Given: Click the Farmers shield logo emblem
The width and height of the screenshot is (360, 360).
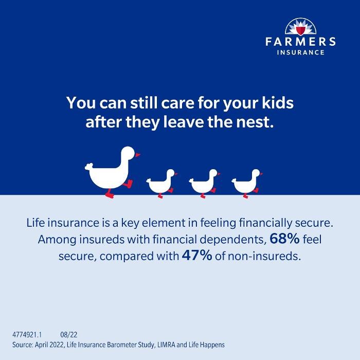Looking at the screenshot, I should click(301, 27).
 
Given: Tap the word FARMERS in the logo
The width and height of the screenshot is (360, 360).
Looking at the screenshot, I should click(301, 42).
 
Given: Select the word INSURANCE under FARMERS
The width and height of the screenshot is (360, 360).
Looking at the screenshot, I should click(301, 52).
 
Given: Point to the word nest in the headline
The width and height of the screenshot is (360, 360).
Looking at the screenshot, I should click(252, 123).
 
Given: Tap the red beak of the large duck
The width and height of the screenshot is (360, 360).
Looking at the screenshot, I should click(137, 154).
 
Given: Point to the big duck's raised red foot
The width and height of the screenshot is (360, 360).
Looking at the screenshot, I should click(128, 184).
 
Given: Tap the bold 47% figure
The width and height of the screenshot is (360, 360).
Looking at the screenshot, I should click(197, 256).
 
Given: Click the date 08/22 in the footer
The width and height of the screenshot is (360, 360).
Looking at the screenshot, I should click(68, 334).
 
